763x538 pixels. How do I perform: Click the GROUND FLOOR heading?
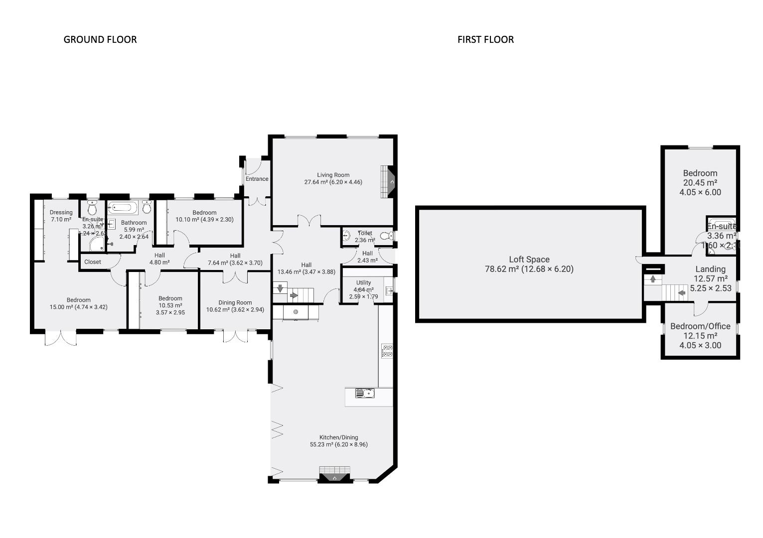click(100, 39)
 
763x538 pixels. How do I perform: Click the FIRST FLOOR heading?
click(485, 39)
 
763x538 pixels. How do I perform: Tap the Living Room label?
click(333, 175)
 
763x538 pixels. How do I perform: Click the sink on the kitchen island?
click(365, 394)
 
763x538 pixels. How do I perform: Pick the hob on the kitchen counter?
click(387, 351)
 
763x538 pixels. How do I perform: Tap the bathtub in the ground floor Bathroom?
click(123, 207)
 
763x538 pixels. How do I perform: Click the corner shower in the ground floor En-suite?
click(97, 244)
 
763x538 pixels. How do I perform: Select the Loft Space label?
click(529, 260)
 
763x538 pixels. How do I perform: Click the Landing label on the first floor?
click(710, 269)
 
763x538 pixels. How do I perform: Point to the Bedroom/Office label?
click(700, 326)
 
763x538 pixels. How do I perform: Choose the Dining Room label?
click(235, 302)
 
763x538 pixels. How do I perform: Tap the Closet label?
click(93, 262)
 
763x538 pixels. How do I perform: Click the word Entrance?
click(257, 179)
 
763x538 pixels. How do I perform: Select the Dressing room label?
click(61, 212)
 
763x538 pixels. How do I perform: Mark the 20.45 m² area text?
click(700, 183)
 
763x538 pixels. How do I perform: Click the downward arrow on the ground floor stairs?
click(280, 287)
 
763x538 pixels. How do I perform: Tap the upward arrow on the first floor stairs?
click(652, 279)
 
